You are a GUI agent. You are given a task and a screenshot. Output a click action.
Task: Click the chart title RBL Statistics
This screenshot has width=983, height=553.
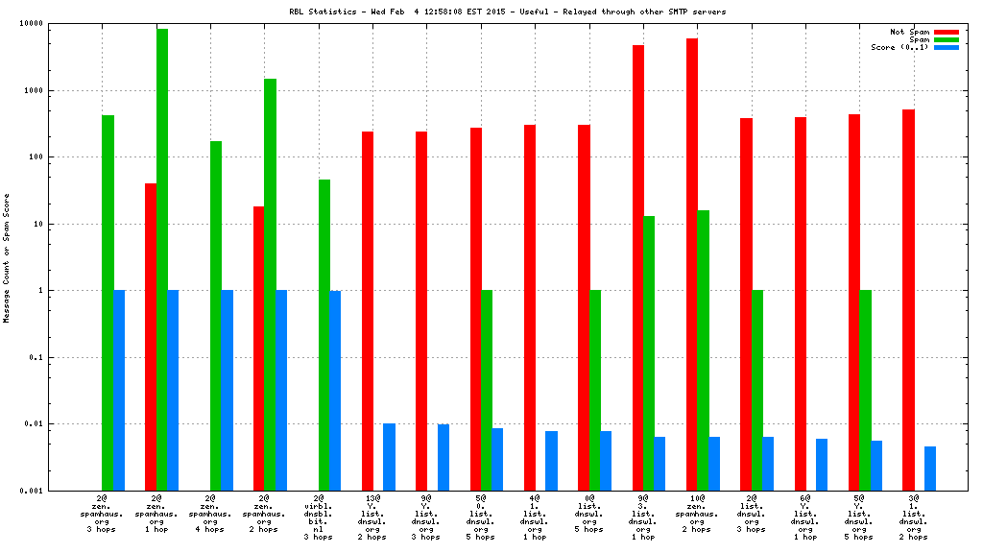(507, 12)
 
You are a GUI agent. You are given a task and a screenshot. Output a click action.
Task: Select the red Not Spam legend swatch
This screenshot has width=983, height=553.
(946, 32)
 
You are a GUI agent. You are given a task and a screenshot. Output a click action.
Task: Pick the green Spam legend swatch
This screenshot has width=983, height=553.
(946, 39)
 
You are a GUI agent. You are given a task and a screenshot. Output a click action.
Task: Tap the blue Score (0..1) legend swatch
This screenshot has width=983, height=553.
(946, 47)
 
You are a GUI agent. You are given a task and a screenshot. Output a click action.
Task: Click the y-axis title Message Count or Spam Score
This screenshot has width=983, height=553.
(8, 257)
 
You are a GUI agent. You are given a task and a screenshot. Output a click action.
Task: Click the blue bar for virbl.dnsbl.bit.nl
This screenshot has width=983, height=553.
(335, 390)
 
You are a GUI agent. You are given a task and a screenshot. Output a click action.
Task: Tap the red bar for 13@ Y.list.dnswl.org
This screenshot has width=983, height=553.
(368, 311)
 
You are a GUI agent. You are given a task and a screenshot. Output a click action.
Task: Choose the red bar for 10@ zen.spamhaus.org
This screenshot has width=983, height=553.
(692, 264)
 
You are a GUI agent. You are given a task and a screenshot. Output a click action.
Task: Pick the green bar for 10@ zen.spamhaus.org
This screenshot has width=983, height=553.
(703, 350)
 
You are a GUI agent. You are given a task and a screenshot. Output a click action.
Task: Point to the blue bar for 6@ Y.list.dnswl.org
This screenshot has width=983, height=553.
(822, 465)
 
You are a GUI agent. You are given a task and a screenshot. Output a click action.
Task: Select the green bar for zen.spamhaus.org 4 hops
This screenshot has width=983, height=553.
(216, 316)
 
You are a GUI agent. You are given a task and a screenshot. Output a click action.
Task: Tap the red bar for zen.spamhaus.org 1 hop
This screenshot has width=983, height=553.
(151, 336)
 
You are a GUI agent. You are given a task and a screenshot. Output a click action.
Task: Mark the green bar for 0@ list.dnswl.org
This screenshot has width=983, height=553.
(595, 390)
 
